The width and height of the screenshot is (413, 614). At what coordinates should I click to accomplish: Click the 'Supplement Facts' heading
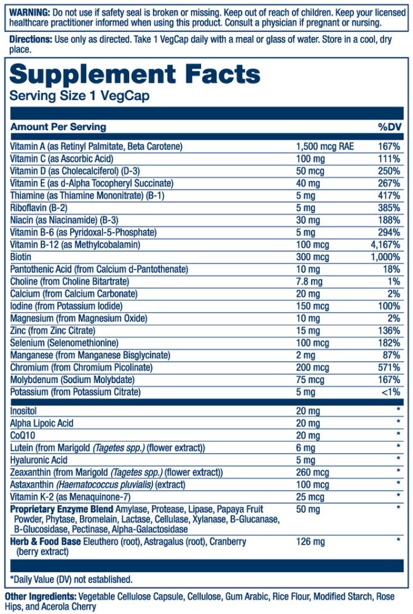(135, 75)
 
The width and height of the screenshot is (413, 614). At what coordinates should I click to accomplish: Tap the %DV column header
(390, 127)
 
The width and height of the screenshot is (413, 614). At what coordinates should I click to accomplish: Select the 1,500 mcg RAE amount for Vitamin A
(325, 147)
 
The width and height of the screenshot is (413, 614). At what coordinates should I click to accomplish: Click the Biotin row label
(20, 257)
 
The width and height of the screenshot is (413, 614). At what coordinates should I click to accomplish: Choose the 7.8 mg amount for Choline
(309, 282)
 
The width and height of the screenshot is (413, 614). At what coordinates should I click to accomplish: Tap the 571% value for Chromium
(389, 367)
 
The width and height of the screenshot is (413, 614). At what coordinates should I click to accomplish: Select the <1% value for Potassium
(391, 392)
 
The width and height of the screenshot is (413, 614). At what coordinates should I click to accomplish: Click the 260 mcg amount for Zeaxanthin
(312, 472)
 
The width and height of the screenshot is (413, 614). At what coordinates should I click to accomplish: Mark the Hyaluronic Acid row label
(39, 460)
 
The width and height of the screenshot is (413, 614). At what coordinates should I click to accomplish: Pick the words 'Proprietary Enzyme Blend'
(61, 509)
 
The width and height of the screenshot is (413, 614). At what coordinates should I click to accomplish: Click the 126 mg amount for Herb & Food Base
(310, 542)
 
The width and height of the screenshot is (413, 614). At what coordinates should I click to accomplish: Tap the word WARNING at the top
(29, 12)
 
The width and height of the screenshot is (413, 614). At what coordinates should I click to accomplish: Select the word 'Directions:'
(31, 39)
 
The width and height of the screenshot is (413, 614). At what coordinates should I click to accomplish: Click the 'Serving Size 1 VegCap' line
(79, 96)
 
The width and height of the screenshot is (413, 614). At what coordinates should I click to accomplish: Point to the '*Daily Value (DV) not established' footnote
(71, 579)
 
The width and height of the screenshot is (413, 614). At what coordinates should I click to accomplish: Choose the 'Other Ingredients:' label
(41, 597)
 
